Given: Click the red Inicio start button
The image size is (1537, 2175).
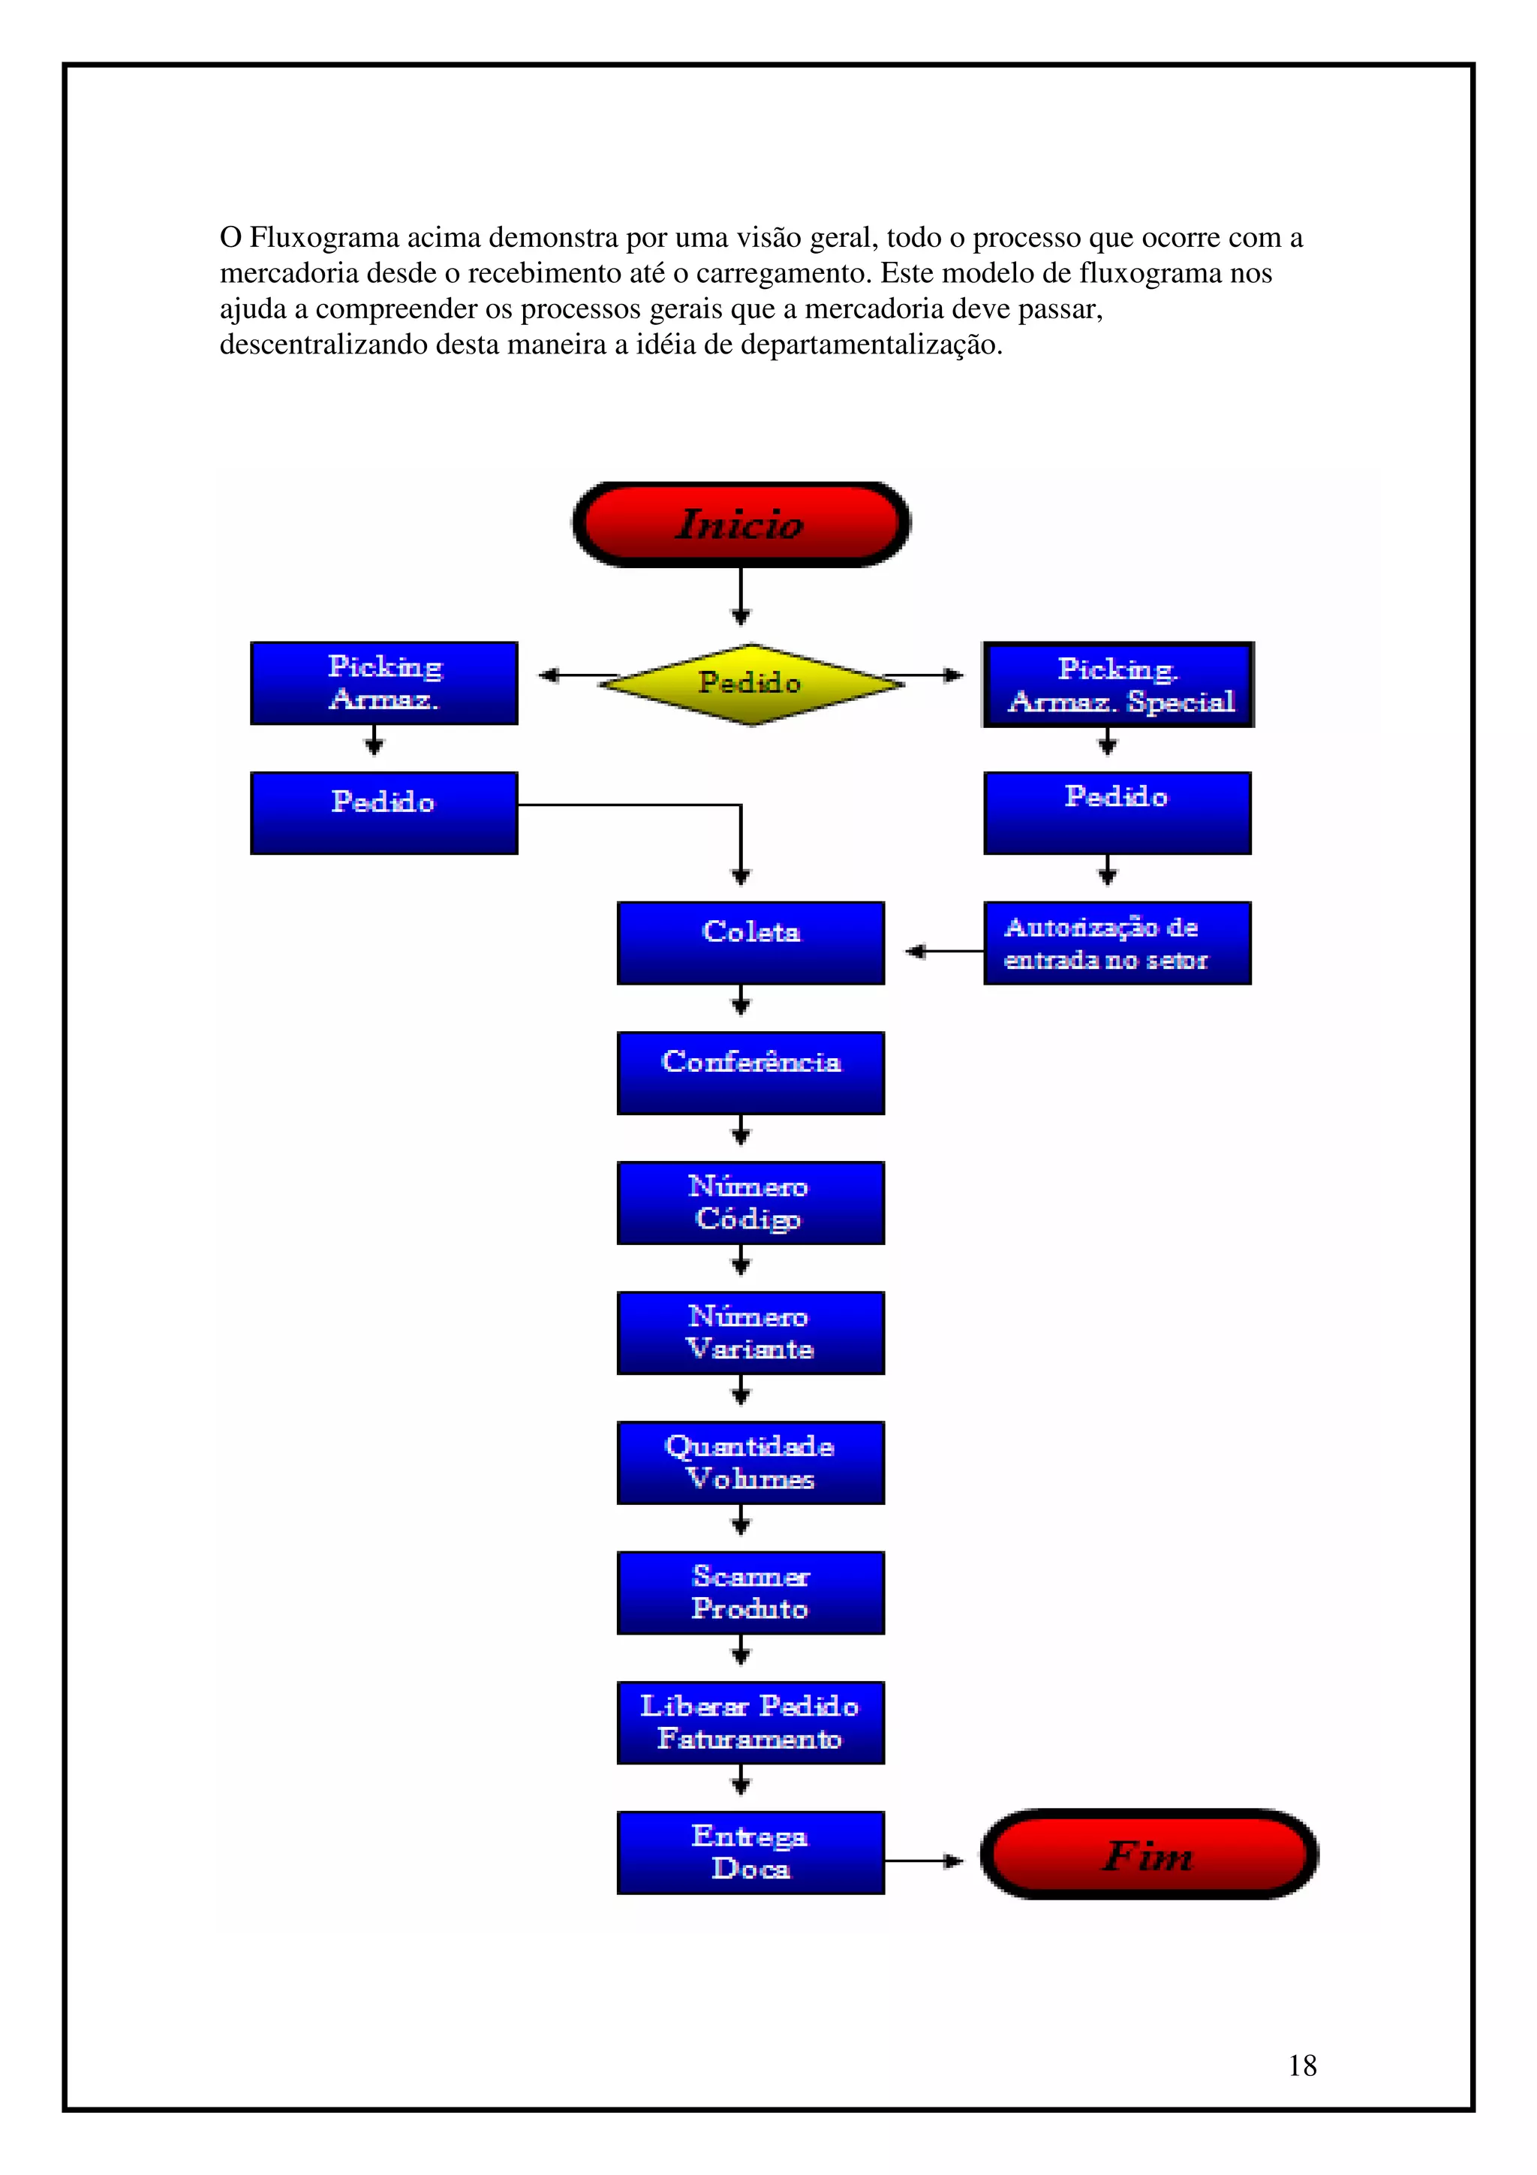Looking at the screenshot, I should pos(741,524).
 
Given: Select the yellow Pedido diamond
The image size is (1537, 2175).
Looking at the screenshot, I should pos(749,682).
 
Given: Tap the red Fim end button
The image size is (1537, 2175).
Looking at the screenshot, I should pos(1147,1854).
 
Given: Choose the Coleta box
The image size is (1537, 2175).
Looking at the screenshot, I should pos(750,943).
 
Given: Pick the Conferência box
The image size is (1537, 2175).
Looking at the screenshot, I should pos(750,1072).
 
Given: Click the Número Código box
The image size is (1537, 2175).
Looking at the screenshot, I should pos(750,1202).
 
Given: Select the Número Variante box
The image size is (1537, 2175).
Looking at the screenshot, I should pos(750,1332).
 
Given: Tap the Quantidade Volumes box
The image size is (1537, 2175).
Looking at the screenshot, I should pos(750,1462).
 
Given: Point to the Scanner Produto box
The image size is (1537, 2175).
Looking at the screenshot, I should pos(750,1593).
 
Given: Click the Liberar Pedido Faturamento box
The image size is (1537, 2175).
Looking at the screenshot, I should pos(750,1722).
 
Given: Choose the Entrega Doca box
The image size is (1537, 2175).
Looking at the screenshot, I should pos(750,1852).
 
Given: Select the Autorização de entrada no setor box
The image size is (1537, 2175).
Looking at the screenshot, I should pos(1117,943).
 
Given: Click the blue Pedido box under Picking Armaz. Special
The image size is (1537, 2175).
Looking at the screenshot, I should pos(1117,813).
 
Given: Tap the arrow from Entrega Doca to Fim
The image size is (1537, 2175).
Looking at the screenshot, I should pos(923,1861).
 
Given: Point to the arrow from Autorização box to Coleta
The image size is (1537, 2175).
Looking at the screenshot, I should pos(943,950).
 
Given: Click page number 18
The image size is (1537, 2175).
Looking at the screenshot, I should pos(1301,2065).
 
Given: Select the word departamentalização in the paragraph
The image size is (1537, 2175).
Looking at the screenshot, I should pos(871,344).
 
